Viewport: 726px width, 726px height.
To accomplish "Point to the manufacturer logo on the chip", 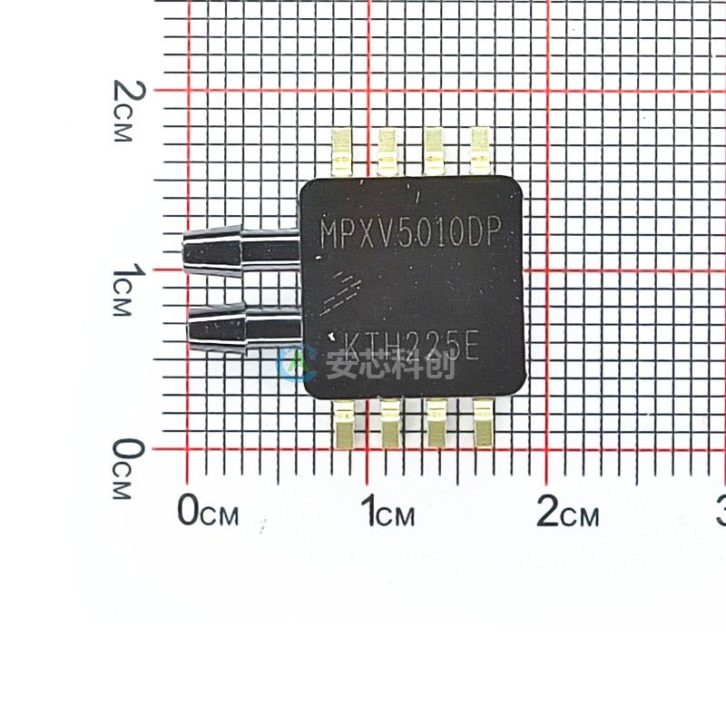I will click(344, 289).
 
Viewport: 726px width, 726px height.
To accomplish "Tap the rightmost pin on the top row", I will click(479, 151).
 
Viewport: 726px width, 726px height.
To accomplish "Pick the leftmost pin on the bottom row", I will click(345, 423).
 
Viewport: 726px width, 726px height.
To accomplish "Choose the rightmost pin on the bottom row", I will click(483, 423).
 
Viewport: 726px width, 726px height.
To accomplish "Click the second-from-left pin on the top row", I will click(389, 151).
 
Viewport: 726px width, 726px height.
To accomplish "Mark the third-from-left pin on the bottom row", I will click(437, 423).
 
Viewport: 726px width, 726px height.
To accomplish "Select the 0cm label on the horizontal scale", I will click(208, 513).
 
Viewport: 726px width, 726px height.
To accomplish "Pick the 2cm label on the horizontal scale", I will click(568, 513).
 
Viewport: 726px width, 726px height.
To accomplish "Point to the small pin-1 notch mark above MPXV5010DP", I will click(417, 194).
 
